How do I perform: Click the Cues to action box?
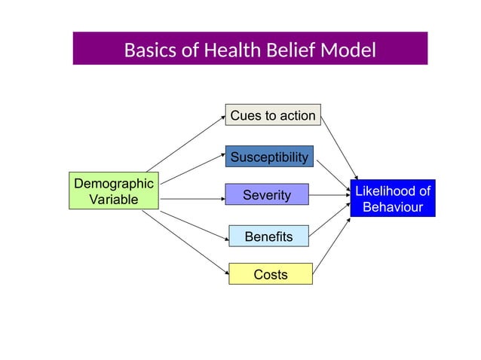pyautogui.click(x=273, y=115)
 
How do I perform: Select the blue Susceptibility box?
pyautogui.click(x=269, y=157)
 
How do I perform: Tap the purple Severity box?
pyautogui.click(x=267, y=195)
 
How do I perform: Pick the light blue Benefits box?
pyautogui.click(x=268, y=236)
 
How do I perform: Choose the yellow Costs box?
pyautogui.click(x=270, y=274)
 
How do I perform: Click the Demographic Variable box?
pyautogui.click(x=113, y=191)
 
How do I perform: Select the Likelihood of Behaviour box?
pyautogui.click(x=392, y=199)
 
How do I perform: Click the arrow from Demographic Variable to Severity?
pyautogui.click(x=192, y=199)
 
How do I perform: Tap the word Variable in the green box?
pyautogui.click(x=113, y=200)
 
